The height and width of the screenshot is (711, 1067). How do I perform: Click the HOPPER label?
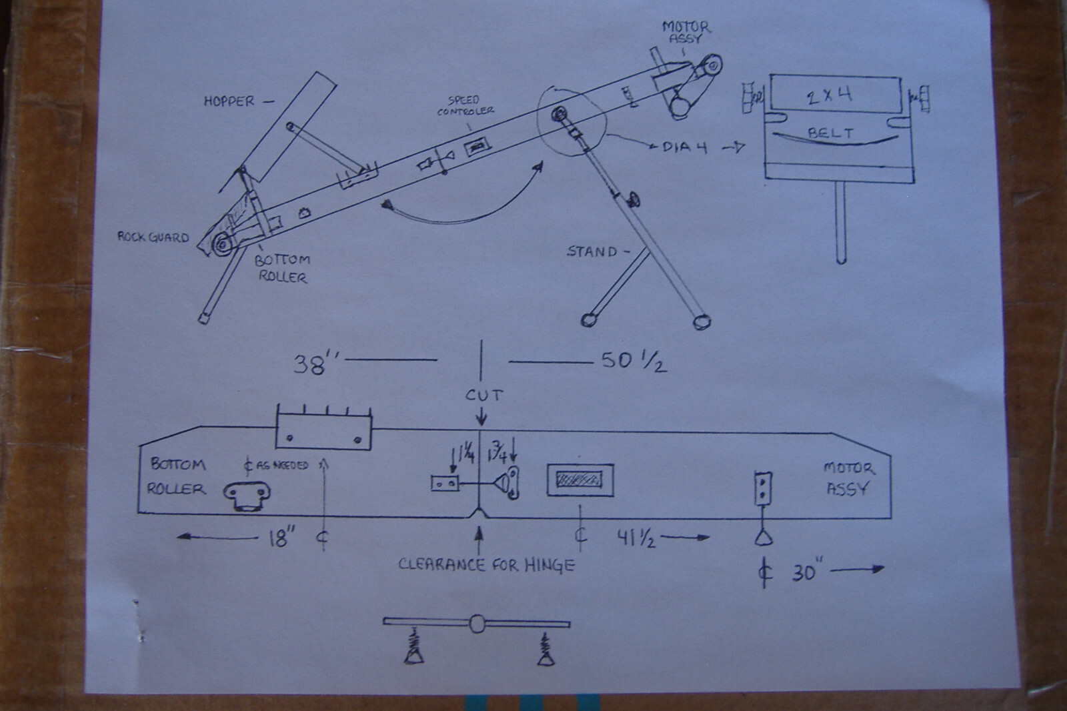[229, 102]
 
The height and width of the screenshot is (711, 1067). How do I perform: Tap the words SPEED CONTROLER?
[465, 105]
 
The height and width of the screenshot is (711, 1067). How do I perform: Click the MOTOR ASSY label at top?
[686, 32]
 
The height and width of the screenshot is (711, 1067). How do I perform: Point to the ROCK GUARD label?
[153, 237]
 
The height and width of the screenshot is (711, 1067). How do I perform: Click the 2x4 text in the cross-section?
[829, 95]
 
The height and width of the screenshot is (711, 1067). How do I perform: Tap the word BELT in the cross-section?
[830, 133]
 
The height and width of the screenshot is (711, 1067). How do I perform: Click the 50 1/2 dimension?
[633, 362]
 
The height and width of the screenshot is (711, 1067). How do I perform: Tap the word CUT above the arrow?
[483, 396]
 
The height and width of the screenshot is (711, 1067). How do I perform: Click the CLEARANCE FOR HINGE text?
[486, 565]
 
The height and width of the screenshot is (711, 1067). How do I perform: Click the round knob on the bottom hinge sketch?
[477, 624]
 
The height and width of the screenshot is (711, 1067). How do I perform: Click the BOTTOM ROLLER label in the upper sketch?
[282, 268]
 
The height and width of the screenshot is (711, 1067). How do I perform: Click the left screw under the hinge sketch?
[414, 649]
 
